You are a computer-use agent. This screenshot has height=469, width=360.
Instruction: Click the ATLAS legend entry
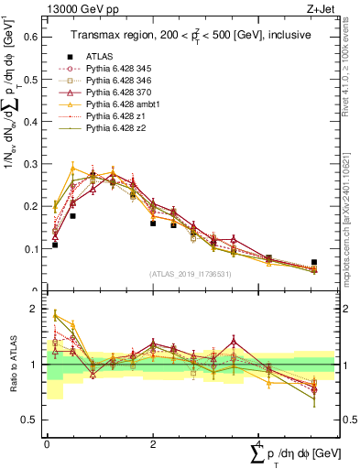tap(101, 57)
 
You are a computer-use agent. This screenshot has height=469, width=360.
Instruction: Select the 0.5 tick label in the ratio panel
tap(30, 420)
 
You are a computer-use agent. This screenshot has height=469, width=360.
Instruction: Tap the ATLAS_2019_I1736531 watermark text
tap(191, 273)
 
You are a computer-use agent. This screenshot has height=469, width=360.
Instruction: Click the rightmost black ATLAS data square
tap(314, 263)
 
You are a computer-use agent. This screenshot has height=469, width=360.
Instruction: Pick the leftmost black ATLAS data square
tap(55, 245)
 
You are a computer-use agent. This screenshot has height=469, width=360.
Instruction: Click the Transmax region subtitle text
tap(191, 34)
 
